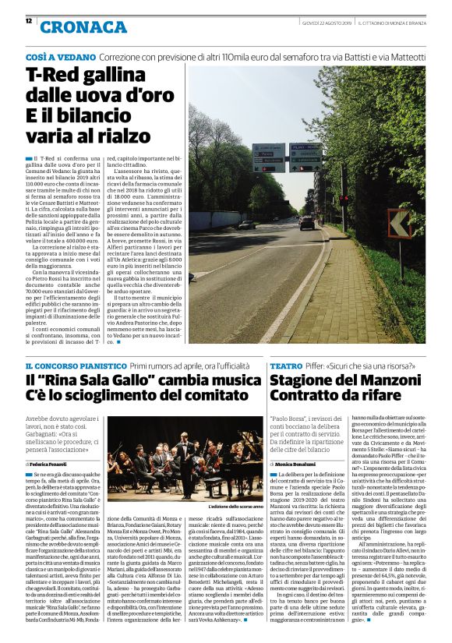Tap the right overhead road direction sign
305,157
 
